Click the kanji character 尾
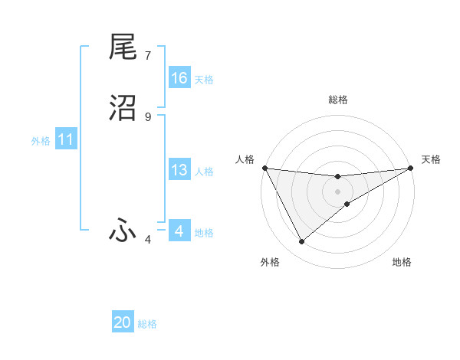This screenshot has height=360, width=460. coord(123,47)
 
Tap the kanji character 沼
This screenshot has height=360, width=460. coord(123,107)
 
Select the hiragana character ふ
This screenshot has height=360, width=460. coord(123,230)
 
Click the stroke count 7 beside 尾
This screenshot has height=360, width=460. coord(148,56)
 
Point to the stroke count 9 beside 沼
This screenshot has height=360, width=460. coord(148,116)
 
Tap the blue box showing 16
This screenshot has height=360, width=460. coord(179,78)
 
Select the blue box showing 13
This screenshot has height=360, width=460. coord(179,171)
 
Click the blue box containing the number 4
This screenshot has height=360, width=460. coord(179,231)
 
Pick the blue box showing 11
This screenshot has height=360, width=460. coord(66,140)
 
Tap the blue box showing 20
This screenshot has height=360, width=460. coord(123,322)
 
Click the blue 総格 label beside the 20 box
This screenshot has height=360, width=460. coord(147,324)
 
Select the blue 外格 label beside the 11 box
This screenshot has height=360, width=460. coord(41,141)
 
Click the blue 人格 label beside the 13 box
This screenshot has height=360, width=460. coord(204,172)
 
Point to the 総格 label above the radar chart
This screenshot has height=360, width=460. coord(337,100)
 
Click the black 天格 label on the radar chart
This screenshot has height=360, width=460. coord(431,159)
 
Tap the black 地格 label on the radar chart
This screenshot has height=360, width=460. coord(402,262)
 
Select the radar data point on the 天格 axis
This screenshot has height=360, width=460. coord(411,168)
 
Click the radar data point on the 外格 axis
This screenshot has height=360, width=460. coord(301,242)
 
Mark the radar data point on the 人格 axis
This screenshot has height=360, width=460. coord(264,168)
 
